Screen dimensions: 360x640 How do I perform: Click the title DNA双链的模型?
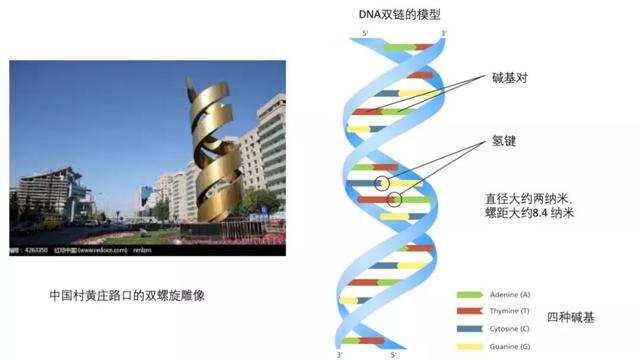click(x=399, y=16)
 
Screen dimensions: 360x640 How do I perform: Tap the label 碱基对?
click(x=511, y=78)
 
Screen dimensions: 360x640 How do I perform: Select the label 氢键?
click(x=504, y=142)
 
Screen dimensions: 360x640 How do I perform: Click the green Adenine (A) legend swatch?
click(x=469, y=295)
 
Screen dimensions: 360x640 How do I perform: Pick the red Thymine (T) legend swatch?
click(x=469, y=311)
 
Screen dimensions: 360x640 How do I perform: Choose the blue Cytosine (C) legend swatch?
click(x=469, y=327)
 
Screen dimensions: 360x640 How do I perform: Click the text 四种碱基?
click(x=570, y=318)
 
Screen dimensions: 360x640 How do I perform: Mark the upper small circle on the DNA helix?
click(x=381, y=183)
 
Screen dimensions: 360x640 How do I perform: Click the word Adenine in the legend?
click(x=508, y=295)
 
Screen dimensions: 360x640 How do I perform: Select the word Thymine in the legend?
click(x=508, y=311)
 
